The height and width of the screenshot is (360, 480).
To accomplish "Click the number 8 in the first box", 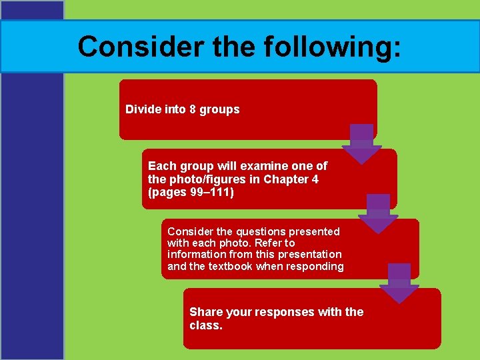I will (192, 109).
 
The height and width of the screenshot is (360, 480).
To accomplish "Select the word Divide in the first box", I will (142, 109).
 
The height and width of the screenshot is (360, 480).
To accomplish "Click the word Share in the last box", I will (206, 312).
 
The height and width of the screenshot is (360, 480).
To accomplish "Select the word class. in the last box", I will (205, 326).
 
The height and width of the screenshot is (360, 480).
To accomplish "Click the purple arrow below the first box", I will (361, 144).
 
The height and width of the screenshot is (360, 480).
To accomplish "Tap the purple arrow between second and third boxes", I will (378, 213).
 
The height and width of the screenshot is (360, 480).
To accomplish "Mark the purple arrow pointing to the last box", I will (399, 283).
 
